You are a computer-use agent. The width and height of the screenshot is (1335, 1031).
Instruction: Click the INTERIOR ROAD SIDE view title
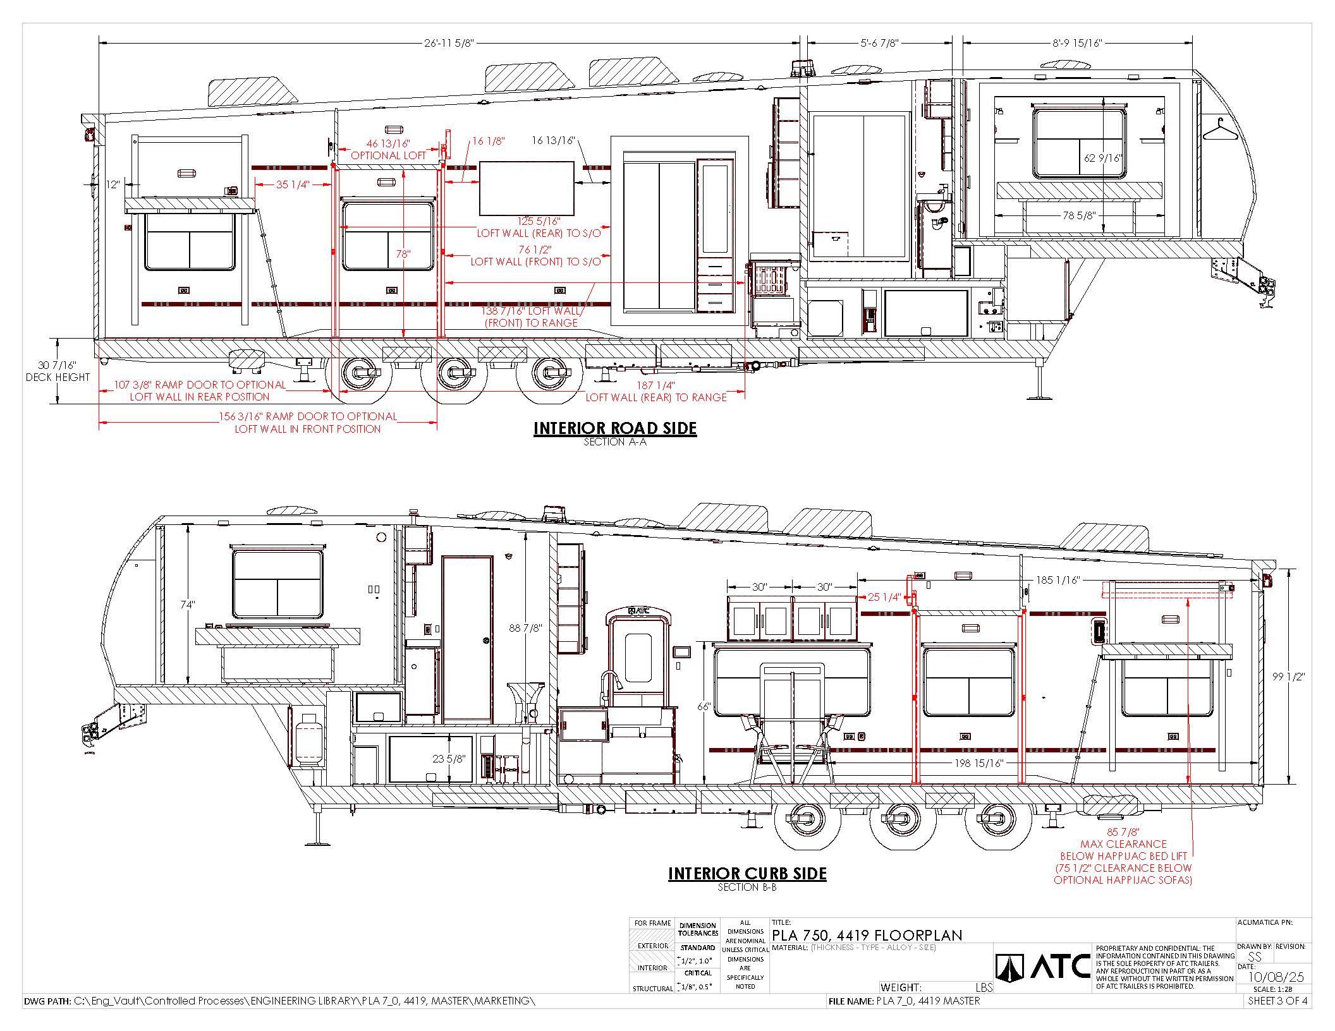coord(615,428)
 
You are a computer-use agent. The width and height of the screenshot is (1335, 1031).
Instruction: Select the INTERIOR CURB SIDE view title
coord(747,874)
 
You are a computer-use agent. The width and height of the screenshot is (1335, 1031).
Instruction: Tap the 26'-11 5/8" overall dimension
coord(449,43)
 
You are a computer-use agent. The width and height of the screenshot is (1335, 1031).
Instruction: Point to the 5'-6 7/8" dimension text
coord(879,43)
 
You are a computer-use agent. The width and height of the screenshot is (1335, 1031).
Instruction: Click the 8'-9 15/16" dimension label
coord(1077,43)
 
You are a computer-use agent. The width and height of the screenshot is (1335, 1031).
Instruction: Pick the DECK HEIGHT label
coord(58,377)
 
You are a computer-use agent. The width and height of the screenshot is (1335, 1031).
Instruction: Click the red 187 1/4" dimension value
coord(656,385)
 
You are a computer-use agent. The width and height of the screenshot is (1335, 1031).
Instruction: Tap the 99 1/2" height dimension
coord(1288,677)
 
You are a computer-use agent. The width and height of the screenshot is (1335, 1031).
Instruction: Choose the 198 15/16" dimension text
coord(979,763)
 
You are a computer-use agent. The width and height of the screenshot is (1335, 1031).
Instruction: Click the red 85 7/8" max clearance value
coord(1123,832)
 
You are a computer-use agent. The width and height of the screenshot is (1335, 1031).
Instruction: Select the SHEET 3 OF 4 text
coord(1277,1001)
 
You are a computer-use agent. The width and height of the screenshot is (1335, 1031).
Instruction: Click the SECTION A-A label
coord(615,442)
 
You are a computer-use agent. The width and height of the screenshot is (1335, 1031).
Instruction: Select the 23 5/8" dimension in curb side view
coord(449,759)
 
